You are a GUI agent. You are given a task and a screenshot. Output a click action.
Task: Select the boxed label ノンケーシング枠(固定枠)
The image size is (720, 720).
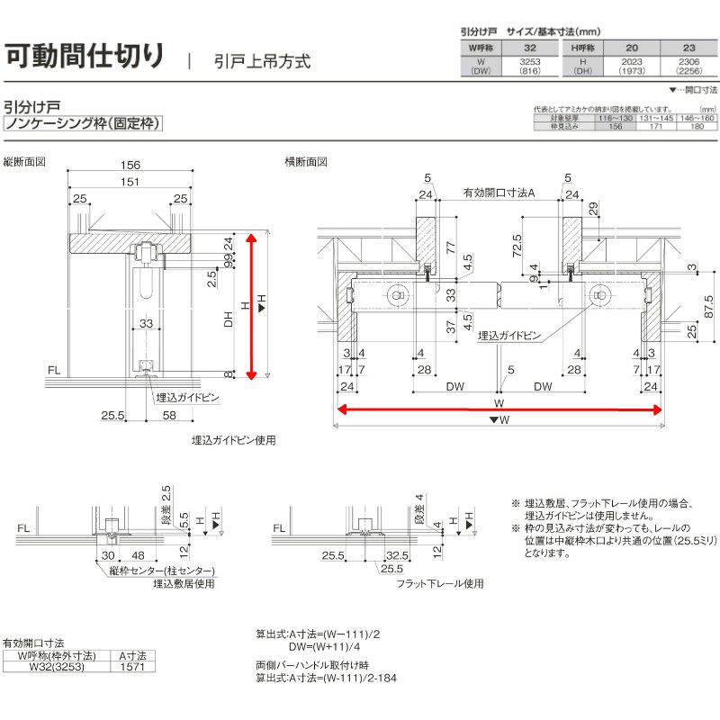(x=83, y=123)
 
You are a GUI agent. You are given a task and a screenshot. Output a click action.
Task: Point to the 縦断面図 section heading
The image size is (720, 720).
(x=24, y=163)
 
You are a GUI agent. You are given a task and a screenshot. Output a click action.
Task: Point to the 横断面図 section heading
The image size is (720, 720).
(x=306, y=163)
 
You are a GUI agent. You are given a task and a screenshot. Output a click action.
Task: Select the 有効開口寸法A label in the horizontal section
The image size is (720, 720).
(x=499, y=193)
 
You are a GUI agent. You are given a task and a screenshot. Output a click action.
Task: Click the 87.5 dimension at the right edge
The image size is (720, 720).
(x=708, y=305)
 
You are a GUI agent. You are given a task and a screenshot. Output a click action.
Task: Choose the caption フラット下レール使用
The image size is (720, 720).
(x=441, y=583)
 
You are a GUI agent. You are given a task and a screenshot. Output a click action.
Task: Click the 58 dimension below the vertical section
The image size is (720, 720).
(x=169, y=416)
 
